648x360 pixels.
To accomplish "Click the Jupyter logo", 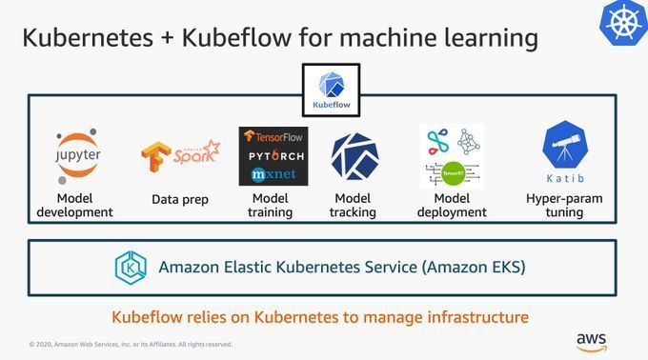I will (x=78, y=156).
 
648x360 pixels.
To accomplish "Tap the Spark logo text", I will (x=197, y=153).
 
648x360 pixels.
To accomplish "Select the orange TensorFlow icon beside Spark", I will (x=156, y=159).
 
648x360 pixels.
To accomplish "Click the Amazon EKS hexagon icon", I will (x=131, y=268).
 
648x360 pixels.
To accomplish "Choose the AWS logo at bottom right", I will (x=591, y=341).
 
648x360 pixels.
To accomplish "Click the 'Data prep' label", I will (x=179, y=199).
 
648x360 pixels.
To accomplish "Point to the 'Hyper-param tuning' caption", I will (x=564, y=206).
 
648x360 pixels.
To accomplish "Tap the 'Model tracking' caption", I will (x=354, y=206).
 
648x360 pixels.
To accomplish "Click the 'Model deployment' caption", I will (x=451, y=206).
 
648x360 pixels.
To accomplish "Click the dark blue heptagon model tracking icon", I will (x=354, y=156).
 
